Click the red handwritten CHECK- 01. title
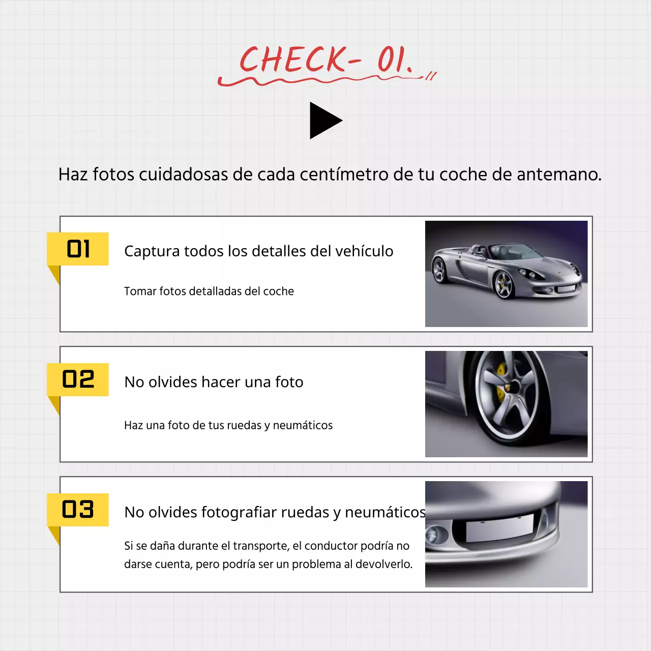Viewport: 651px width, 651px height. pyautogui.click(x=325, y=61)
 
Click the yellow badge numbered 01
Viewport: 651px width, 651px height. pyautogui.click(x=78, y=249)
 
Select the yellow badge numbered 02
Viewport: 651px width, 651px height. pyautogui.click(x=78, y=379)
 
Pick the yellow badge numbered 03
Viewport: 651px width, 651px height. pyautogui.click(x=78, y=510)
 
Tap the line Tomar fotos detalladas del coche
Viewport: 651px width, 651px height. pyautogui.click(x=209, y=291)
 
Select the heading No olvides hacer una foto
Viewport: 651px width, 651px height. pyautogui.click(x=214, y=382)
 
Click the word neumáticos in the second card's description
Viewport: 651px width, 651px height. pyautogui.click(x=303, y=425)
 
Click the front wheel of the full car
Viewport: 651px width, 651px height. pyautogui.click(x=504, y=285)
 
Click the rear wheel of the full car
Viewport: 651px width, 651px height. pyautogui.click(x=438, y=270)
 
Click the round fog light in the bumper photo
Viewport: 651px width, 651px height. pyautogui.click(x=436, y=535)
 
